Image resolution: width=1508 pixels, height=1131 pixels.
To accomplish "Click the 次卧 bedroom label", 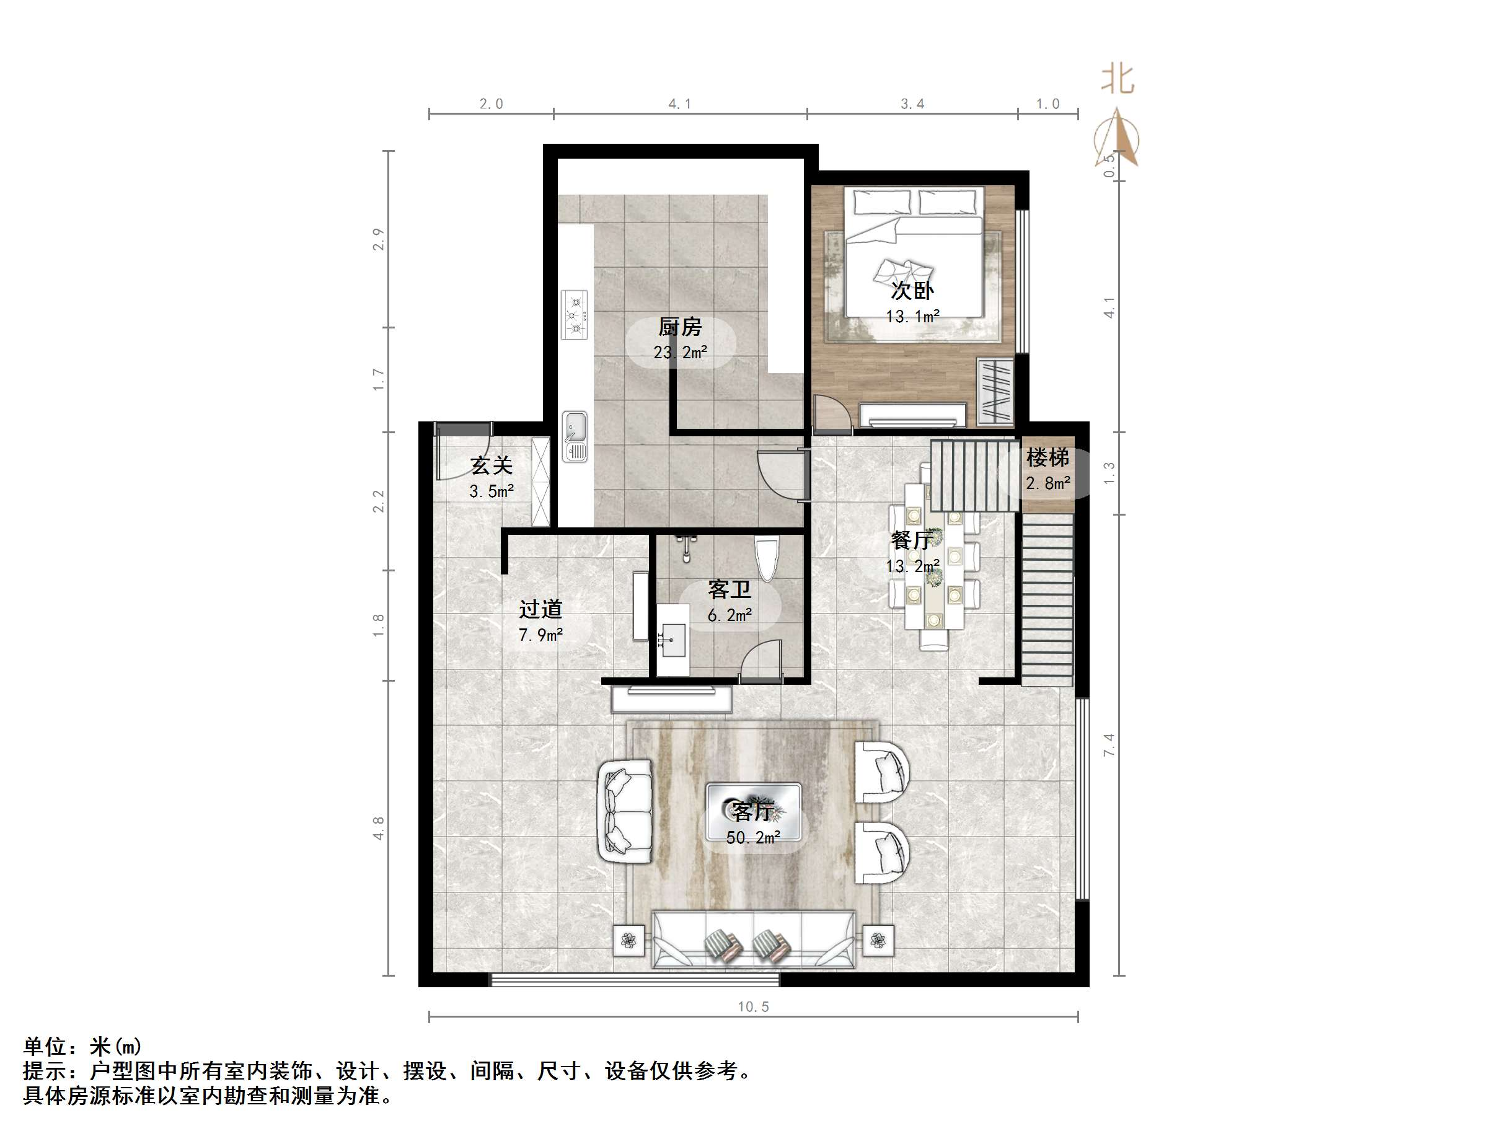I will [x=912, y=291].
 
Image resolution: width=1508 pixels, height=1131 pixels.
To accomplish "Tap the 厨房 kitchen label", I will [x=680, y=328].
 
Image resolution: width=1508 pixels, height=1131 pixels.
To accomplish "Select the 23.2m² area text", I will [x=680, y=353].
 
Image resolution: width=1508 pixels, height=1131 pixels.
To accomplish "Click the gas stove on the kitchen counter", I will [x=574, y=315].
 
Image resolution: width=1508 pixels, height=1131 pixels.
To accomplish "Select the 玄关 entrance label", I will [x=492, y=466].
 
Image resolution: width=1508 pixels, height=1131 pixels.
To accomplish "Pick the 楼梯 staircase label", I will [x=1048, y=457].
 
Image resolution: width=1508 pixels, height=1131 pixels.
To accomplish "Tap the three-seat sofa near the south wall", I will [x=753, y=940].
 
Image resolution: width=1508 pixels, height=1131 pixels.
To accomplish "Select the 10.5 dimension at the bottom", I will [x=752, y=1007].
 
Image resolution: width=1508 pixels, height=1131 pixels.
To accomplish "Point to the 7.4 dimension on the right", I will [x=1109, y=744].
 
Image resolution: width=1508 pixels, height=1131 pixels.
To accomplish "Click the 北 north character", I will [x=1118, y=80].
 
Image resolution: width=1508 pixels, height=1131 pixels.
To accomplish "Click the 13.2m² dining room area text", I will [x=912, y=566].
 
